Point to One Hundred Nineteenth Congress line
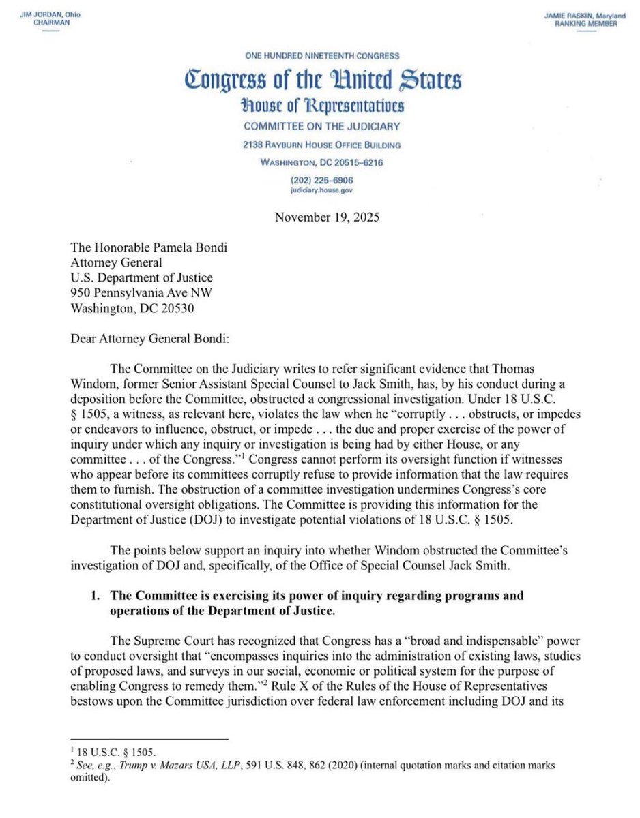[321, 56]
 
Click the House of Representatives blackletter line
[321, 106]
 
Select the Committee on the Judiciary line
[321, 126]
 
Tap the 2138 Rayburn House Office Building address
[321, 145]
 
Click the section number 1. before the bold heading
[97, 596]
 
